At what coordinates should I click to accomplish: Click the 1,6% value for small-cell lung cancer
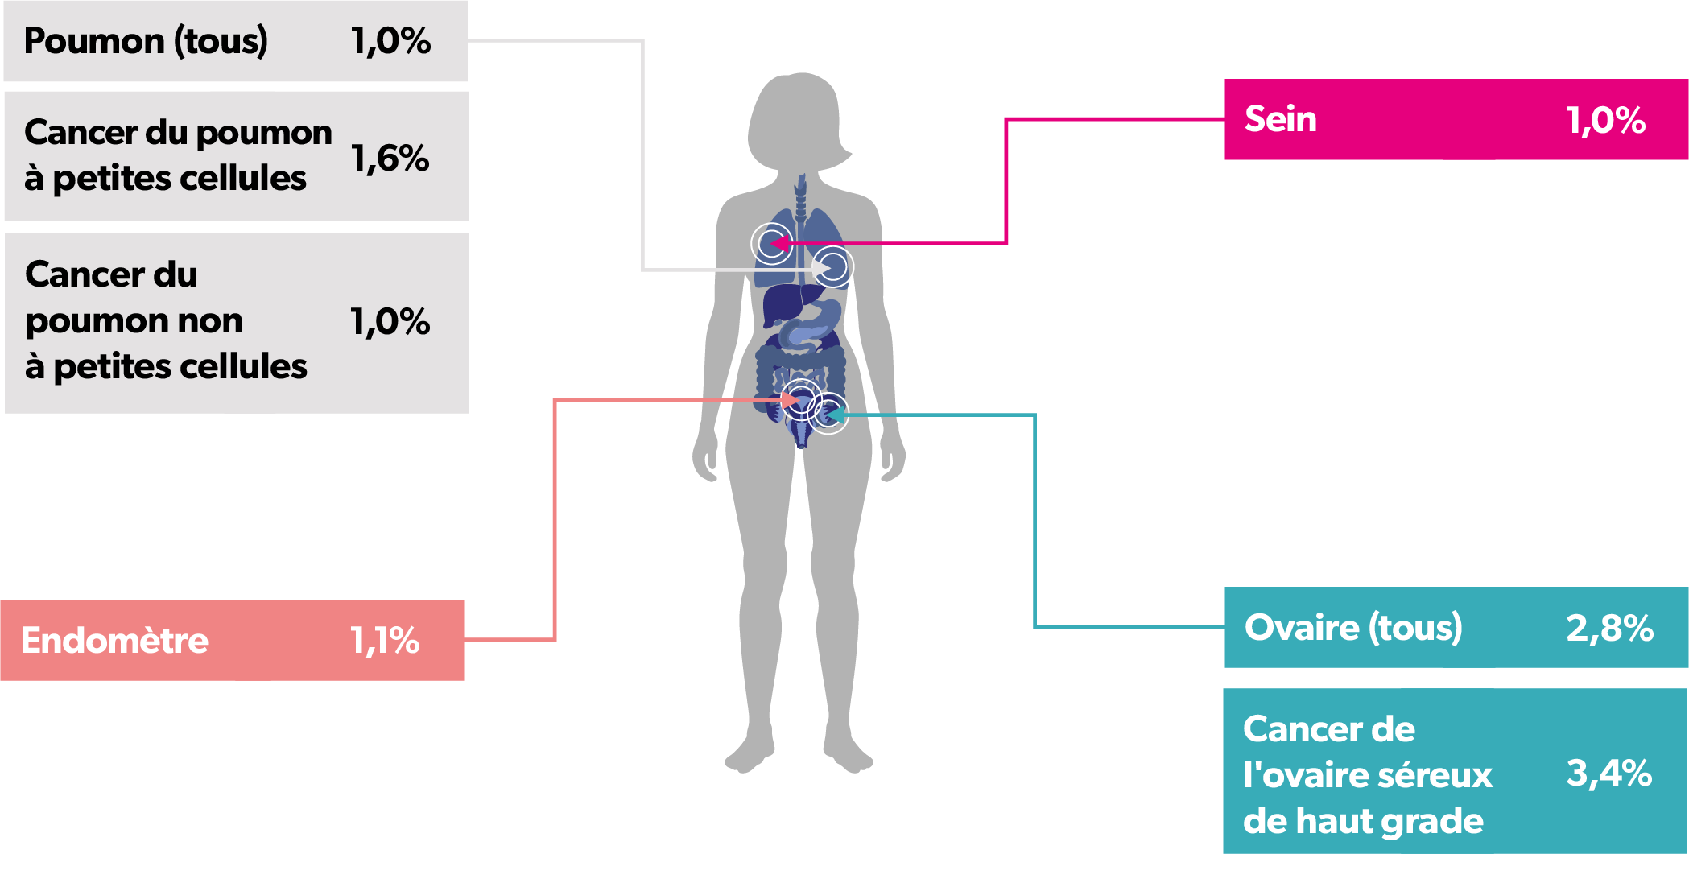[x=390, y=158]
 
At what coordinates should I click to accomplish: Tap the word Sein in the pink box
[x=1280, y=119]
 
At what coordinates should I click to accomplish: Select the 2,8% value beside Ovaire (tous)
[x=1609, y=628]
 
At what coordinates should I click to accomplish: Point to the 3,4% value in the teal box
[x=1609, y=773]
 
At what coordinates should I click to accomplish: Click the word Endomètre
[x=114, y=641]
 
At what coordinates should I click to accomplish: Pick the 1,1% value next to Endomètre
[x=385, y=641]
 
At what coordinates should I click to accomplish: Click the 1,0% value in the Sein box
[x=1606, y=120]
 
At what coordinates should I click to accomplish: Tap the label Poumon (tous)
[x=146, y=41]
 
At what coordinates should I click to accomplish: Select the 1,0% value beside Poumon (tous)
[x=390, y=41]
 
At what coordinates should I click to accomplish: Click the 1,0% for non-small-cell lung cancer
[x=390, y=321]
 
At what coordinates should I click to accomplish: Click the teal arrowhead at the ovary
[x=834, y=415]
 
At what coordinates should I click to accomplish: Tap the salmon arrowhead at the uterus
[x=791, y=399]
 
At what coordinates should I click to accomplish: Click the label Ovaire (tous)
[x=1353, y=628]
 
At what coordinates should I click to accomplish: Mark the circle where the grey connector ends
[x=832, y=266]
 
